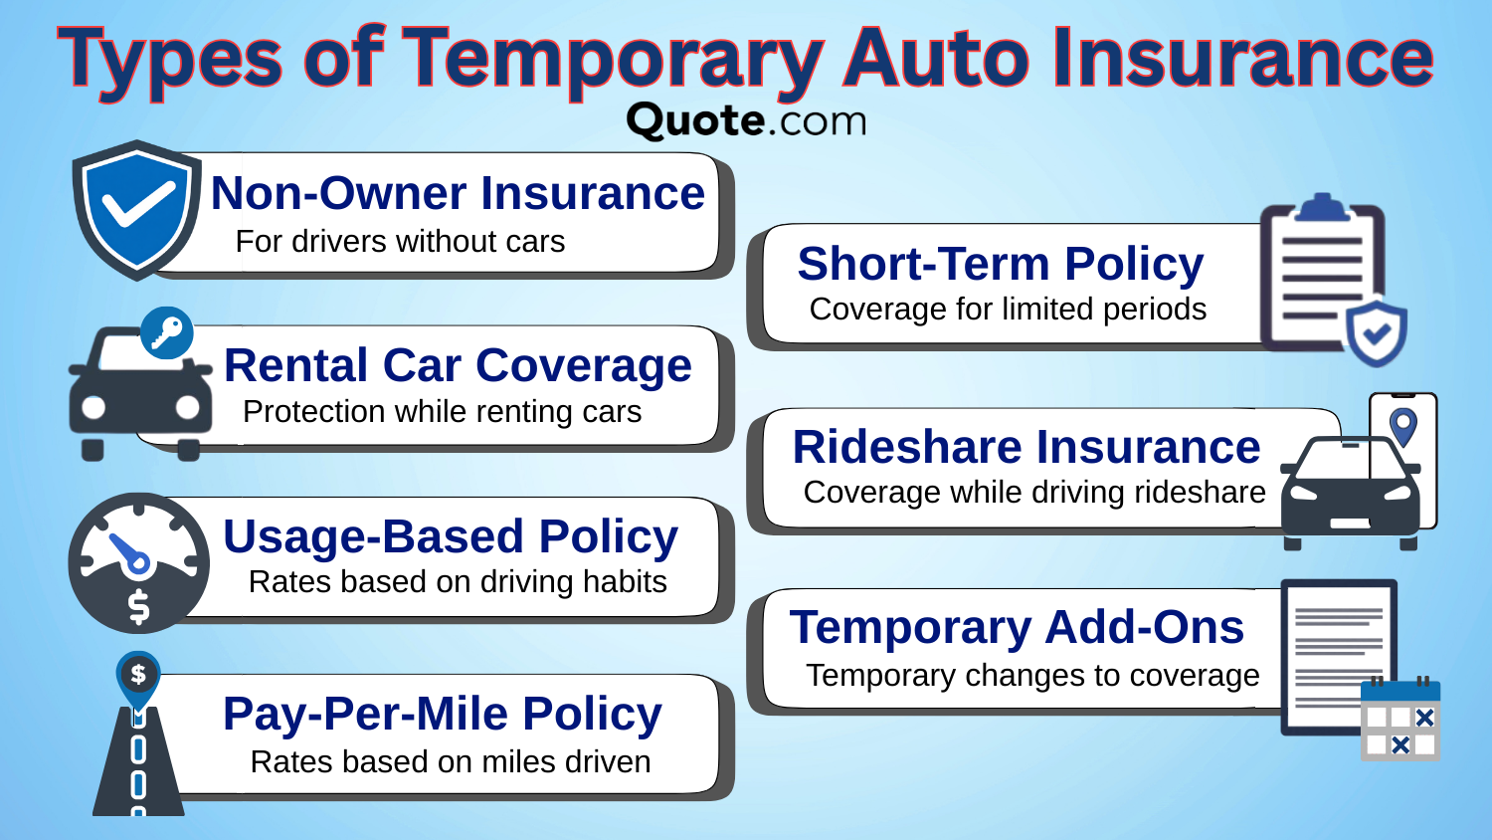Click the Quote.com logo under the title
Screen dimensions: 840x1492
coord(746,120)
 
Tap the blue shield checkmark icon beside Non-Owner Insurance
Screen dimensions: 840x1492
coord(135,208)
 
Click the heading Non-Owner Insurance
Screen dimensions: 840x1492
coord(458,193)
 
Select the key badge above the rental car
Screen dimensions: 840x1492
coord(166,332)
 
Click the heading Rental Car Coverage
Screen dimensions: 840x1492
coord(458,365)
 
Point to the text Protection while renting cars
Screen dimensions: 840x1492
coord(442,411)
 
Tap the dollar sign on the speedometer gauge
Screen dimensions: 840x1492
coord(139,606)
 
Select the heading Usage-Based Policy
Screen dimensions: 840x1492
coord(450,536)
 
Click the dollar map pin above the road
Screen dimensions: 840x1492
coord(138,675)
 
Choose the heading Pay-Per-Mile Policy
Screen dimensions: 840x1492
coord(442,714)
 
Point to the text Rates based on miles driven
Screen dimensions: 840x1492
coord(450,761)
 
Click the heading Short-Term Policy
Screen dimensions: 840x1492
coord(1000,264)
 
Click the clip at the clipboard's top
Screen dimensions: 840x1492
coord(1321,207)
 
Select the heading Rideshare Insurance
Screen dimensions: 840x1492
coord(1026,447)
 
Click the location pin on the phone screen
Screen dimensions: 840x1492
coord(1402,426)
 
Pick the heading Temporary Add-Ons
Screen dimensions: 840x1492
coord(1016,627)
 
